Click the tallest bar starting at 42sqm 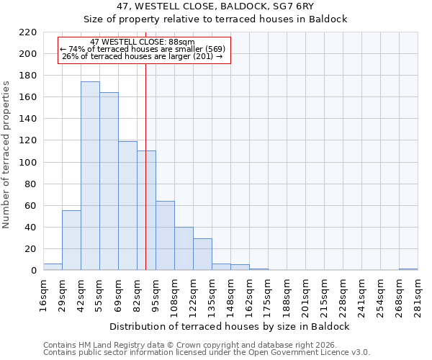click(x=90, y=176)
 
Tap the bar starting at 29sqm click(x=71, y=240)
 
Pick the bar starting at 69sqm click(x=127, y=206)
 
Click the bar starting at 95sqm click(x=165, y=235)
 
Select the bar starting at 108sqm click(x=184, y=249)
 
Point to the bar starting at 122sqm click(x=202, y=254)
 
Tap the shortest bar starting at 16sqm click(x=53, y=267)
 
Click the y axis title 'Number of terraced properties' click(x=6, y=155)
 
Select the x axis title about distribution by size click(x=230, y=326)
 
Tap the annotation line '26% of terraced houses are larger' click(x=143, y=56)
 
